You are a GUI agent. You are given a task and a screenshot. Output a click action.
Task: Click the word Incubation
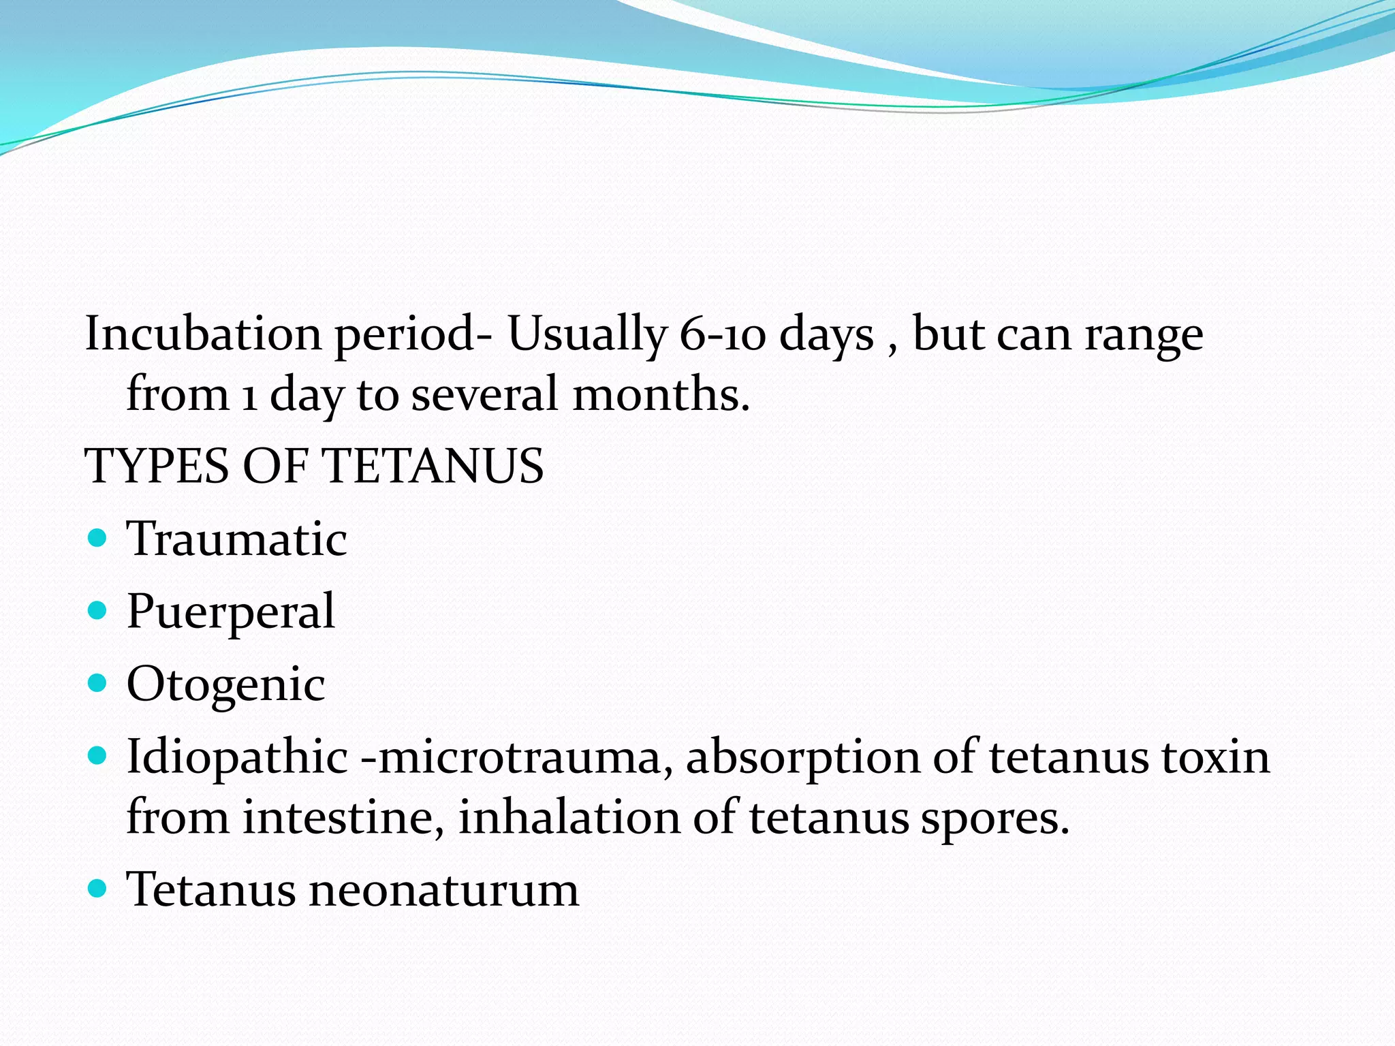coord(203,334)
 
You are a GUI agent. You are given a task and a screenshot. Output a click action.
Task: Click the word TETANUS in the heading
coord(433,466)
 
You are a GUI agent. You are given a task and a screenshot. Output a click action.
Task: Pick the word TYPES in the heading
coord(156,466)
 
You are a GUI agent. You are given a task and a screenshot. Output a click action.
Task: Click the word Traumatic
coord(237,539)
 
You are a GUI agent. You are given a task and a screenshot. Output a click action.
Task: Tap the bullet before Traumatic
coord(98,539)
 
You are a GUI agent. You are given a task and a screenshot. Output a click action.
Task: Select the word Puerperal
coord(231,612)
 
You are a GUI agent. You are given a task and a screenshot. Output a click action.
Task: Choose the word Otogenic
coord(225,684)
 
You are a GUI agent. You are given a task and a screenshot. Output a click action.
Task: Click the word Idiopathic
coord(237,757)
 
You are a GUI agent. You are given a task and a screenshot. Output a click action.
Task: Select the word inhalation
coord(569,817)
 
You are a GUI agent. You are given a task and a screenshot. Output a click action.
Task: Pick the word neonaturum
coord(443,890)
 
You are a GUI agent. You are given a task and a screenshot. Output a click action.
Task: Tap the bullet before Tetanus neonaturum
coord(98,888)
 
